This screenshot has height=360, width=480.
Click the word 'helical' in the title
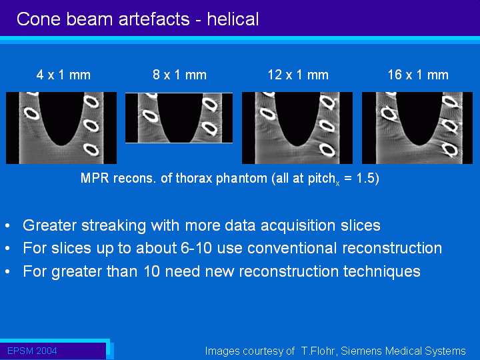coord(233,19)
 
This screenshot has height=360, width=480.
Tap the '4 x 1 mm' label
coord(63,75)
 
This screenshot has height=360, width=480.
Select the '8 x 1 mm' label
coord(180,75)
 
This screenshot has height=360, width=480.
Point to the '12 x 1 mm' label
coord(298,75)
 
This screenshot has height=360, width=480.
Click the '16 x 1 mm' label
coord(418,75)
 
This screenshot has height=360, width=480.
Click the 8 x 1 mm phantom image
coord(179,118)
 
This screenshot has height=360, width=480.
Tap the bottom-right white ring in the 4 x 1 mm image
coord(91,149)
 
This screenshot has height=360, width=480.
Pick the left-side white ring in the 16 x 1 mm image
coord(389,113)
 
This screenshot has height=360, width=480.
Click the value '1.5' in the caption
coord(365,178)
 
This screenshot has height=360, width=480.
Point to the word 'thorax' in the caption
coord(194,178)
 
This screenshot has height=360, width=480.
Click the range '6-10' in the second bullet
coord(196,248)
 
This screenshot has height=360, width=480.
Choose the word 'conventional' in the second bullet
coord(292,248)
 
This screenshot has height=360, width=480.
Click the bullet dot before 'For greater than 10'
coord(7,272)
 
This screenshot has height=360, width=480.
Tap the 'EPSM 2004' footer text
coord(32,351)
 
